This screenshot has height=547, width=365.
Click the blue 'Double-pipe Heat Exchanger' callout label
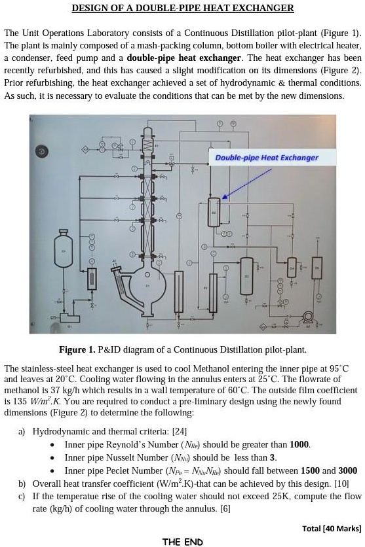pos(266,158)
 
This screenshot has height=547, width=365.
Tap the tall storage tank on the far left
pos(64,249)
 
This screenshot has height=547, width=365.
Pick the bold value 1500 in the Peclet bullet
pos(311,470)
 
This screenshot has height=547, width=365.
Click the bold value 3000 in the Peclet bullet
pos(347,470)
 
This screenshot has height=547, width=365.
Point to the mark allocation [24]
pos(179,432)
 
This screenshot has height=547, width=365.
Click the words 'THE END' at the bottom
pos(182,542)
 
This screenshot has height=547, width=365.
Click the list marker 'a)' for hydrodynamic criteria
pos(22,432)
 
